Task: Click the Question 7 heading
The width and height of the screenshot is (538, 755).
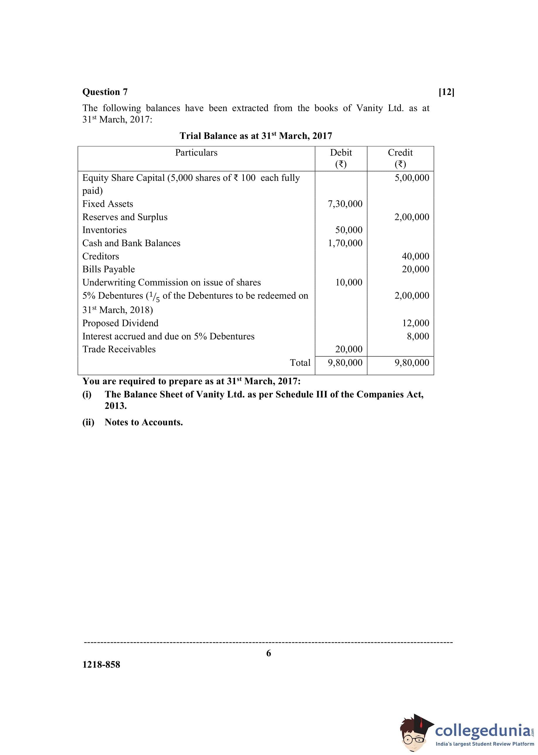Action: (105, 92)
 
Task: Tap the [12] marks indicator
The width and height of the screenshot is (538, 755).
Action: (446, 92)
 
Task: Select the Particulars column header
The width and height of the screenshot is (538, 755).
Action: (196, 152)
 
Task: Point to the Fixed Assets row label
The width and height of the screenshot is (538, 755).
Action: (108, 204)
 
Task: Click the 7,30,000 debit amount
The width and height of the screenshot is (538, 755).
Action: (345, 204)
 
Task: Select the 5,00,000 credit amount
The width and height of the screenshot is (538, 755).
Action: (412, 178)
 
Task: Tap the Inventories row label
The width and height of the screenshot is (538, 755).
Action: (104, 230)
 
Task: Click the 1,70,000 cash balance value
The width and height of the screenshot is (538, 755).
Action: (345, 243)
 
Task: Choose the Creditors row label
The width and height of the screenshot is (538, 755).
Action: (101, 256)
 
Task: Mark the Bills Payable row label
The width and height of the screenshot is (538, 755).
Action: (109, 269)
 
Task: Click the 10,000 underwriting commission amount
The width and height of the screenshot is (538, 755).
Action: (349, 282)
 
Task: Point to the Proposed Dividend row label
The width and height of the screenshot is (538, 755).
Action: (120, 323)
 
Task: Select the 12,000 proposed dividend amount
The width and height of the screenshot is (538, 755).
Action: (416, 323)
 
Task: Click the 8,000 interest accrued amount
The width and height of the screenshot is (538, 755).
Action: (418, 336)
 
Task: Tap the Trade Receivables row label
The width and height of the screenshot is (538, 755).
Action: (119, 349)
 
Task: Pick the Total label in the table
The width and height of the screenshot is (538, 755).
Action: (300, 363)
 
